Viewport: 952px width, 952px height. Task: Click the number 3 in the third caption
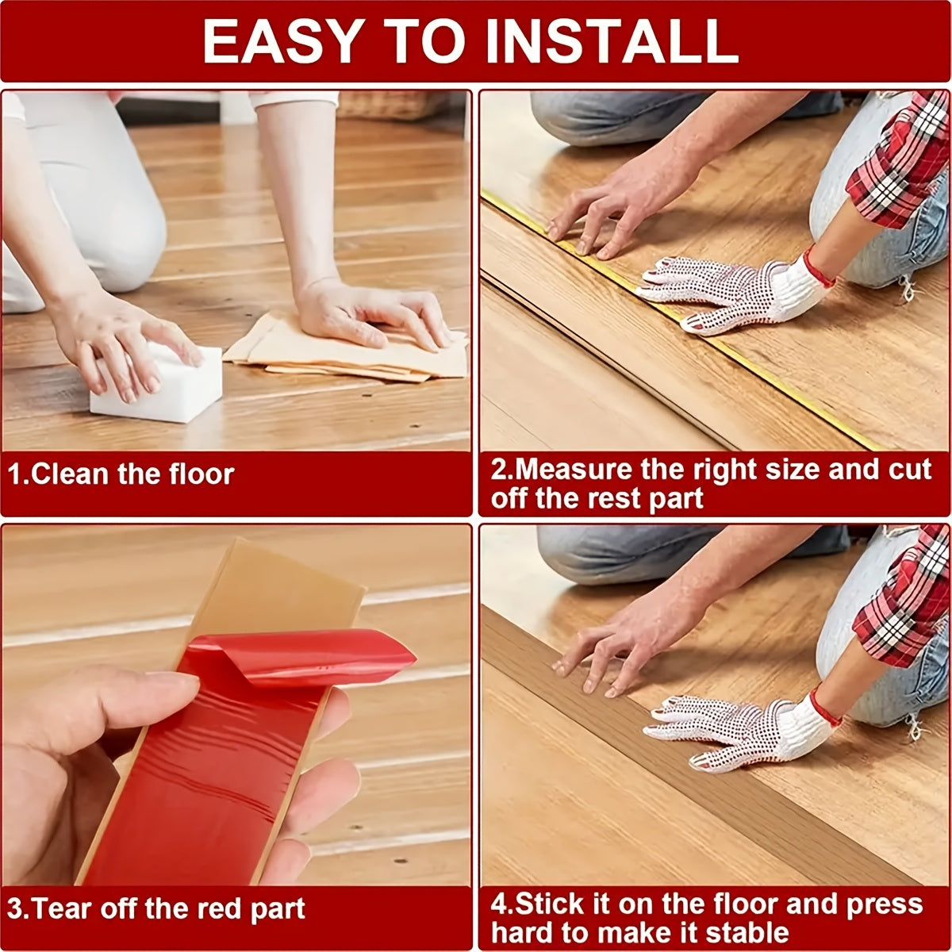point(15,909)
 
